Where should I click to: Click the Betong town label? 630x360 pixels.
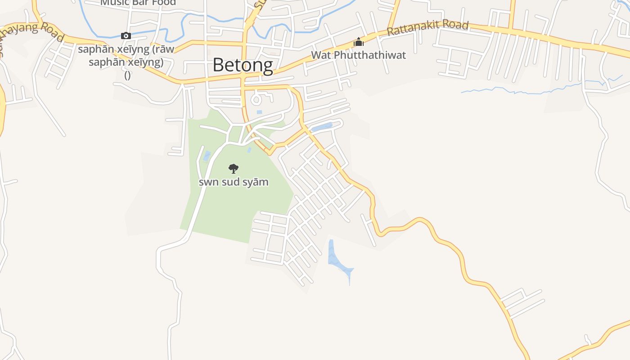(x=243, y=65)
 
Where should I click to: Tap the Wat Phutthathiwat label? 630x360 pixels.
(x=358, y=55)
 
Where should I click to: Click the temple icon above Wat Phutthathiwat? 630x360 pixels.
(x=359, y=42)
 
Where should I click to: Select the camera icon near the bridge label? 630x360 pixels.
(x=126, y=36)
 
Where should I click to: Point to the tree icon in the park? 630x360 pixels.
(x=233, y=169)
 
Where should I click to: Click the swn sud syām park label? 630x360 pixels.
(x=234, y=182)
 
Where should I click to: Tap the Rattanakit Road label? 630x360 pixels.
(x=427, y=28)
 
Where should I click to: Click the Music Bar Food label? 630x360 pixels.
(x=138, y=3)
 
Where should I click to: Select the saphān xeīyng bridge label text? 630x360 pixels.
(x=126, y=55)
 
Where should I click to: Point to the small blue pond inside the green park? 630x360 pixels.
(x=207, y=156)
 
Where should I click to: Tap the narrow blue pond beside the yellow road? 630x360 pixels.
(x=322, y=127)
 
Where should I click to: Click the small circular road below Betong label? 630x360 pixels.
(x=256, y=99)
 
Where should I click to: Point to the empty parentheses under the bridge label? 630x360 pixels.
(x=127, y=75)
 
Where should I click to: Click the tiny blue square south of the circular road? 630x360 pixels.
(x=259, y=112)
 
